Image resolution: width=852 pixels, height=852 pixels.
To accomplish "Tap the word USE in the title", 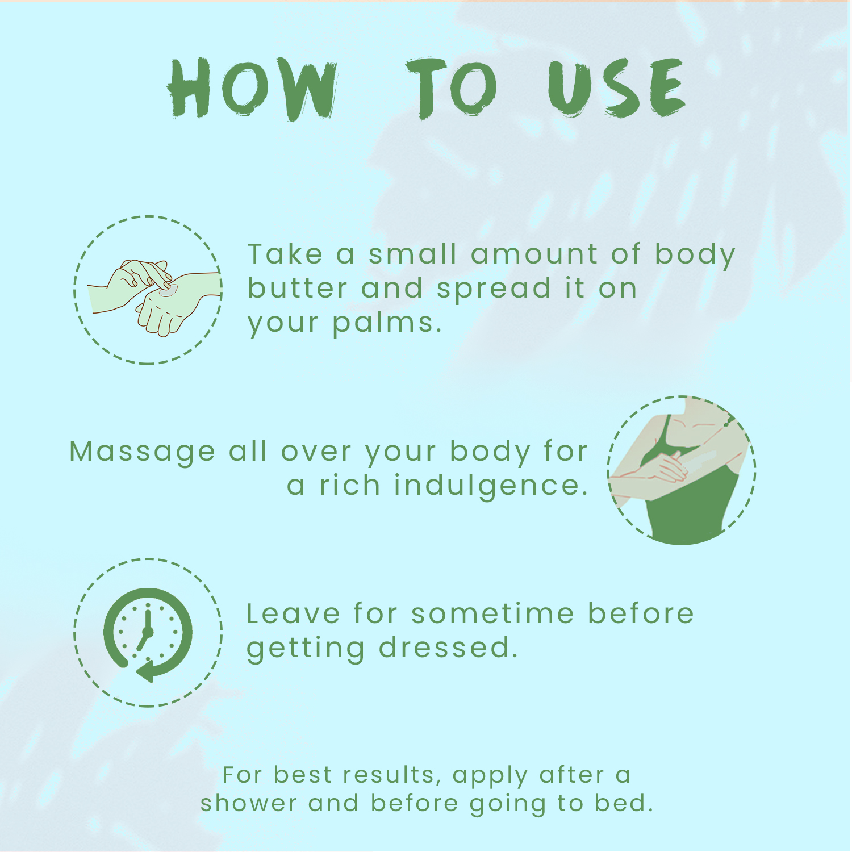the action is [616, 88].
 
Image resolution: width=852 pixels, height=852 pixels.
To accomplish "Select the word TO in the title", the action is [452, 88].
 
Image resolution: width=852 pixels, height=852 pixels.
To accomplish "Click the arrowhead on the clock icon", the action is [146, 671].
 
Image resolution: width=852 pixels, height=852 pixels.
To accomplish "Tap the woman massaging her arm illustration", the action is [682, 470].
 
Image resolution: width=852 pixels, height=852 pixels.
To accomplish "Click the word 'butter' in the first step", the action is [298, 288].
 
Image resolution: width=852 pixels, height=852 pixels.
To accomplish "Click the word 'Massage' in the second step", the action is [142, 453].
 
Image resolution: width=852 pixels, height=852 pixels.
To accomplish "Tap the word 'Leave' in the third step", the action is [293, 614].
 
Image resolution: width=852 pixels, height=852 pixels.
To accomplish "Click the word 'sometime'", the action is [493, 614].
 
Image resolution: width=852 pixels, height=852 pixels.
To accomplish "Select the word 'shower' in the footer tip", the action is [249, 804].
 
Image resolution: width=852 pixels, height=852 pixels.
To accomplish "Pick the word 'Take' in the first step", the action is [285, 254].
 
